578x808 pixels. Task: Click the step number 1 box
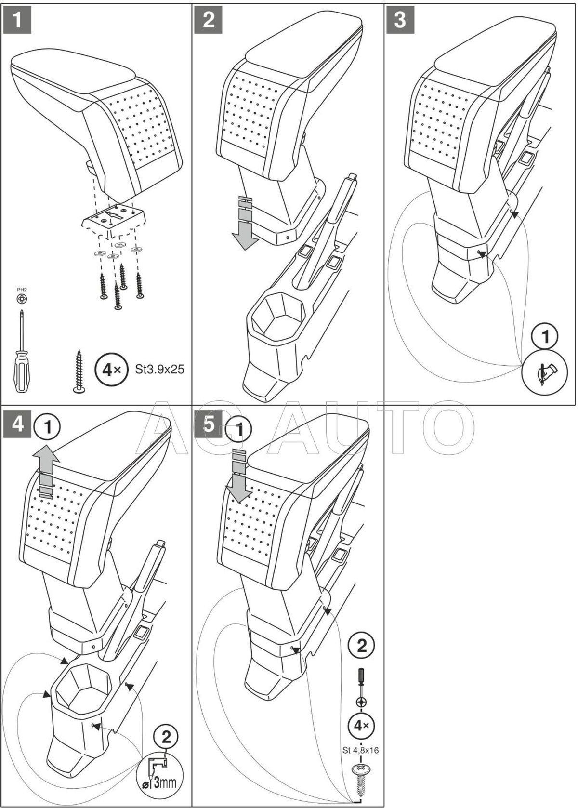click(x=18, y=20)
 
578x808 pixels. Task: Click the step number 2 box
click(x=209, y=20)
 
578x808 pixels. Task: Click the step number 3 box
click(x=400, y=20)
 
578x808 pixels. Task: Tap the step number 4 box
click(x=18, y=424)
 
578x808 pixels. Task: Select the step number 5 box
click(x=209, y=424)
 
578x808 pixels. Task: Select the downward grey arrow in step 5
click(x=238, y=477)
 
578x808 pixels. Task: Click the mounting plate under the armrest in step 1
click(x=113, y=219)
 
